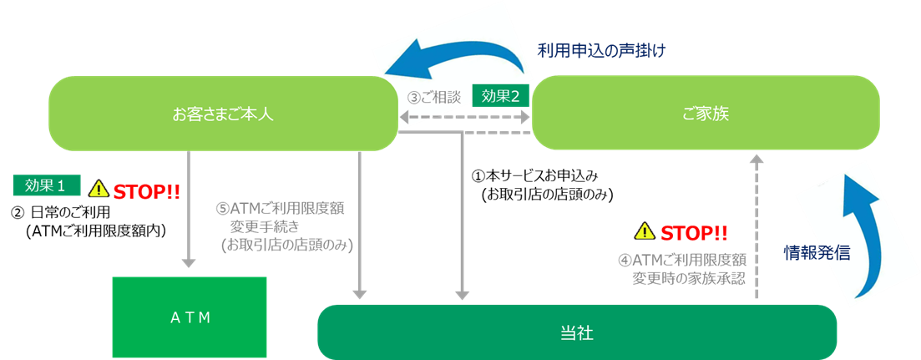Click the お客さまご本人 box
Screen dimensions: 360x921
(x=222, y=114)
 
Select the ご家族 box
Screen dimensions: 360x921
(x=706, y=114)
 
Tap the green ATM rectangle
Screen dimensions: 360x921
(x=190, y=317)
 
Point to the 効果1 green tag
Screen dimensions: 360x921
(x=46, y=185)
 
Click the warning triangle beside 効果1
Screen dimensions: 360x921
(x=99, y=190)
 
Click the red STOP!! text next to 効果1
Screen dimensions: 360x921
(x=147, y=190)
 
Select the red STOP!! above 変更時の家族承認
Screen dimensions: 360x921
(x=694, y=231)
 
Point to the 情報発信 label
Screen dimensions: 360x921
(x=816, y=252)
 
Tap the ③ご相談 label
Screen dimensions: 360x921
(x=433, y=97)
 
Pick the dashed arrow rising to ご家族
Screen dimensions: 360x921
(x=757, y=226)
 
